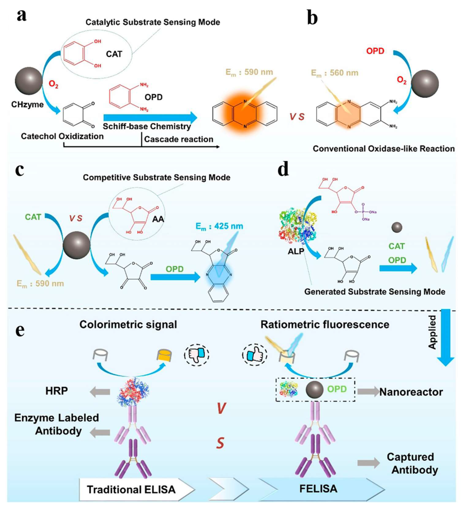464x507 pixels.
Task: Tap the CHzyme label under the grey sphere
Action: (27, 104)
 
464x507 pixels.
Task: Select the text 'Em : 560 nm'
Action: (334, 73)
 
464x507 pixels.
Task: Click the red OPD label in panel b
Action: (375, 51)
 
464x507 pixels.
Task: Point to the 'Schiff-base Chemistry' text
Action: (147, 126)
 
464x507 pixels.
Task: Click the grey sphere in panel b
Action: (425, 84)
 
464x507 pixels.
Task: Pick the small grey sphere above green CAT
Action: (397, 227)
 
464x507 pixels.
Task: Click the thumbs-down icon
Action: (197, 355)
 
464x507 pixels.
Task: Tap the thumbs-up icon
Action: (254, 355)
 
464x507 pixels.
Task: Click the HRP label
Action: (57, 391)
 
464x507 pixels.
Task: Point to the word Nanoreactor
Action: (411, 392)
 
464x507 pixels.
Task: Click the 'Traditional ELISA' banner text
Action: (131, 489)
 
